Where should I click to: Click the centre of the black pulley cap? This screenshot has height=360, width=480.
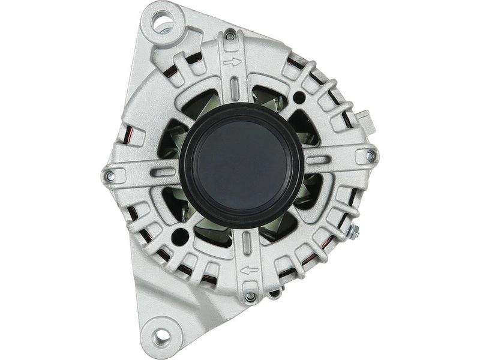[241, 164]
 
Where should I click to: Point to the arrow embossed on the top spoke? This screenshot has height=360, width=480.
[232, 61]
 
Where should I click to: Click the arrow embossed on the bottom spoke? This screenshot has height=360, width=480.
[249, 271]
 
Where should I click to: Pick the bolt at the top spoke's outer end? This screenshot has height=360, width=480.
[230, 37]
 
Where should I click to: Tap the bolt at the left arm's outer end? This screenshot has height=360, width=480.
[110, 176]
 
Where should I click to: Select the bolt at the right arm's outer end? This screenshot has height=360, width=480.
[370, 155]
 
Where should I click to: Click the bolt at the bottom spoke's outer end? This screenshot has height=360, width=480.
[251, 296]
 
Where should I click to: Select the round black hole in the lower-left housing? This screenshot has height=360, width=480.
[179, 236]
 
